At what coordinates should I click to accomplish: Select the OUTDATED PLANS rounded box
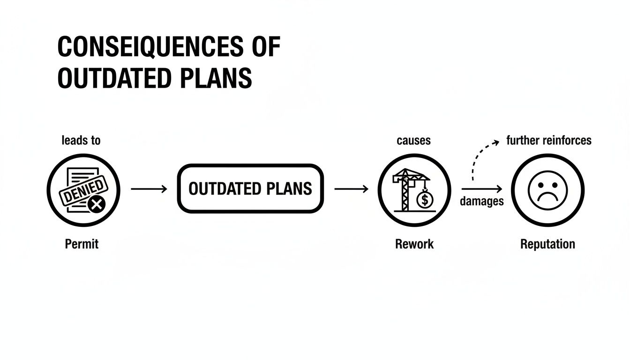click(250, 188)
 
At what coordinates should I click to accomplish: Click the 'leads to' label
click(81, 140)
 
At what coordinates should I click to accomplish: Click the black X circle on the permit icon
click(97, 204)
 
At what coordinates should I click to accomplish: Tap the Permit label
click(82, 244)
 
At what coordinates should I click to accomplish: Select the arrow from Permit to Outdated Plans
click(149, 189)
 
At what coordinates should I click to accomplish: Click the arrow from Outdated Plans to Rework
click(352, 189)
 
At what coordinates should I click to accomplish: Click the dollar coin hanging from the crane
click(425, 200)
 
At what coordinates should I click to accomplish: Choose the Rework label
click(414, 244)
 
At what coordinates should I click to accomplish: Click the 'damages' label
click(481, 202)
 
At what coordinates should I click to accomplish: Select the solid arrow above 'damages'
click(482, 189)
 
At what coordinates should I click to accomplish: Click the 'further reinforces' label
click(548, 140)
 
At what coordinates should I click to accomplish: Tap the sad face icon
click(547, 190)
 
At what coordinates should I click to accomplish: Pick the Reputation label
click(547, 244)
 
